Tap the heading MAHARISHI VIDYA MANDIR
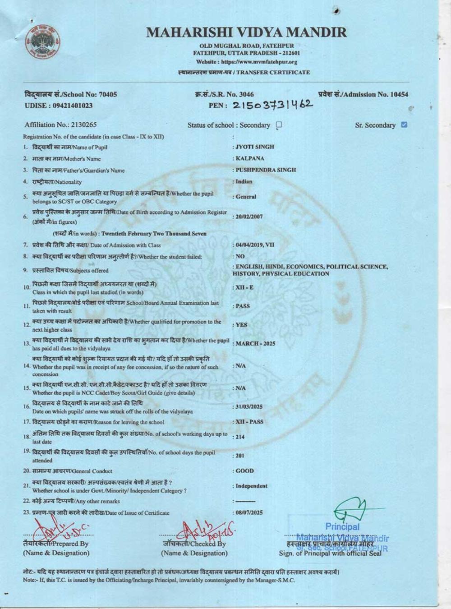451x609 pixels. tap(247, 32)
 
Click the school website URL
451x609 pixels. tap(247, 62)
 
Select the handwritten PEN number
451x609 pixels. tap(272, 106)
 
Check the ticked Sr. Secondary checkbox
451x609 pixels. tap(404, 125)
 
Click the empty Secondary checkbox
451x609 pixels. tap(279, 125)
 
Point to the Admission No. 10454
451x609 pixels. tap(363, 94)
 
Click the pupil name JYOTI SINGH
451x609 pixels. tap(255, 147)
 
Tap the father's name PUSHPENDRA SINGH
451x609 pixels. tap(266, 170)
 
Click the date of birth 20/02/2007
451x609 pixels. tap(249, 217)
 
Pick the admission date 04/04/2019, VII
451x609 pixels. tap(255, 245)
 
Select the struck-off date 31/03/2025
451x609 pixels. tap(249, 407)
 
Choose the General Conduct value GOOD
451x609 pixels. tap(245, 471)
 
